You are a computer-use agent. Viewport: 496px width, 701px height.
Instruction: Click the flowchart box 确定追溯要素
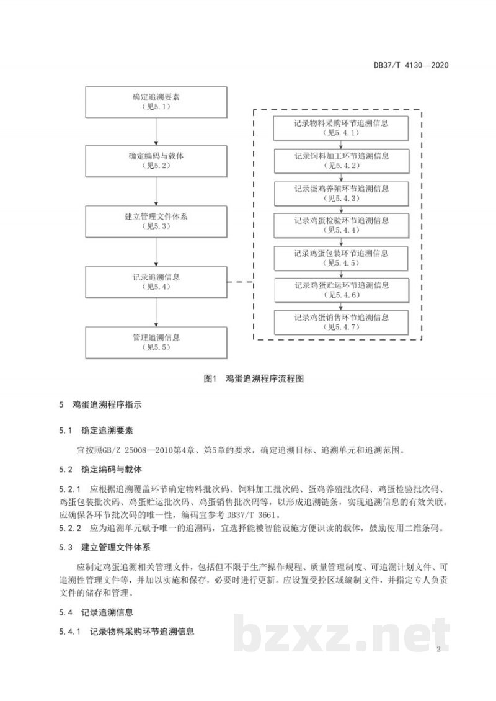click(156, 102)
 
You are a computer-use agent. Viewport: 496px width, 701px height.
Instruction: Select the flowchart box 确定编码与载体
click(156, 161)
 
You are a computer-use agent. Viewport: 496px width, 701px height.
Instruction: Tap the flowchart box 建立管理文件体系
click(156, 221)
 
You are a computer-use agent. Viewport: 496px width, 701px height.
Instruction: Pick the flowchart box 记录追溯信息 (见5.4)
click(156, 282)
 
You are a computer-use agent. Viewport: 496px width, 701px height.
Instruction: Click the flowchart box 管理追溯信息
click(156, 342)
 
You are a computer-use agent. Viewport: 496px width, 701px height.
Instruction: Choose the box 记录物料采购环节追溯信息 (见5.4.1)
click(342, 128)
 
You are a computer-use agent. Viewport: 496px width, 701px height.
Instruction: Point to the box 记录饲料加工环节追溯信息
click(342, 161)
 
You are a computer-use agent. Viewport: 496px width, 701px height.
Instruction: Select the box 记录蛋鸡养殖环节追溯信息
click(342, 193)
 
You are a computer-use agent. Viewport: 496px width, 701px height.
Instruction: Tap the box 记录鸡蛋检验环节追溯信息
click(342, 225)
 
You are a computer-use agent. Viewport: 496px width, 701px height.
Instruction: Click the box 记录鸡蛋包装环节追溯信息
click(342, 258)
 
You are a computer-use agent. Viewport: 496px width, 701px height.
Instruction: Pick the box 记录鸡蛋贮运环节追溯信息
click(342, 290)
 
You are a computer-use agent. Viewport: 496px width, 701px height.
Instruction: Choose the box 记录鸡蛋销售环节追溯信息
click(342, 323)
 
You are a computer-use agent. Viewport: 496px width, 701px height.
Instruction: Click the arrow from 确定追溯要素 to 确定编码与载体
click(156, 132)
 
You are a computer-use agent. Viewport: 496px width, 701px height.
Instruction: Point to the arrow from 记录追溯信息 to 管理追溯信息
click(156, 312)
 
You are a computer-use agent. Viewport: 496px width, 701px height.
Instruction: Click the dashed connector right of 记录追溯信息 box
click(241, 282)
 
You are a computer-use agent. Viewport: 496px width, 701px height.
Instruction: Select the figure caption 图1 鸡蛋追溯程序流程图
click(254, 378)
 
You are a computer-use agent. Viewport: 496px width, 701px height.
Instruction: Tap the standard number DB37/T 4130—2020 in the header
click(411, 65)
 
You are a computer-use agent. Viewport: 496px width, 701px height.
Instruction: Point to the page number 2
click(438, 649)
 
